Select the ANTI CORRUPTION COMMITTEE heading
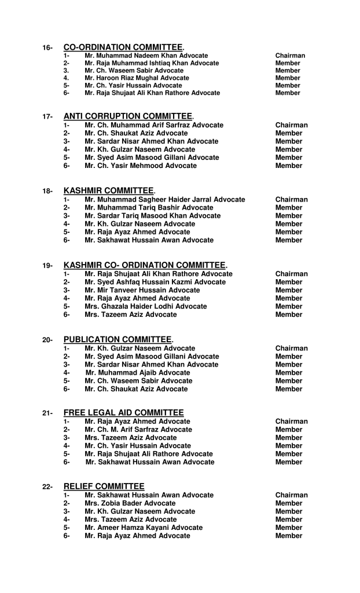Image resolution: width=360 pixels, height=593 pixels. pyautogui.click(x=128, y=116)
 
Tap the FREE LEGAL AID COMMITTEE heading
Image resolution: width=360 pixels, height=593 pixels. pyautogui.click(x=123, y=412)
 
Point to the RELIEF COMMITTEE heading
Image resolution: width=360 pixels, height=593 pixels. pyautogui.click(x=104, y=486)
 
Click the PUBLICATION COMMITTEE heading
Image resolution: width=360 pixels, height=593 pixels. pyautogui.click(x=117, y=339)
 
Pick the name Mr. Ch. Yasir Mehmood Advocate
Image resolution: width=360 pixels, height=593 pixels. pyautogui.click(x=141, y=166)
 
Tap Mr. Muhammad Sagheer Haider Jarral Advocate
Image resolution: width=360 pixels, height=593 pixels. pyautogui.click(x=164, y=199)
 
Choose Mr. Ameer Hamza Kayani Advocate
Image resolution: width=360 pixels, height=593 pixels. pyautogui.click(x=144, y=528)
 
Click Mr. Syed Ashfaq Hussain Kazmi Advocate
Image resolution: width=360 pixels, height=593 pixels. pyautogui.click(x=155, y=282)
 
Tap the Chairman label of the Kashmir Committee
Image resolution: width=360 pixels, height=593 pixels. pyautogui.click(x=291, y=199)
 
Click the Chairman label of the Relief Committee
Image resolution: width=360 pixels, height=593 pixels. pyautogui.click(x=291, y=495)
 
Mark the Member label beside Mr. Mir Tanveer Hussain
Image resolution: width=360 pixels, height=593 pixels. pyautogui.click(x=289, y=290)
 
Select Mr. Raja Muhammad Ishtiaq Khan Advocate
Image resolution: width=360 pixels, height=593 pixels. pyautogui.click(x=152, y=63)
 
